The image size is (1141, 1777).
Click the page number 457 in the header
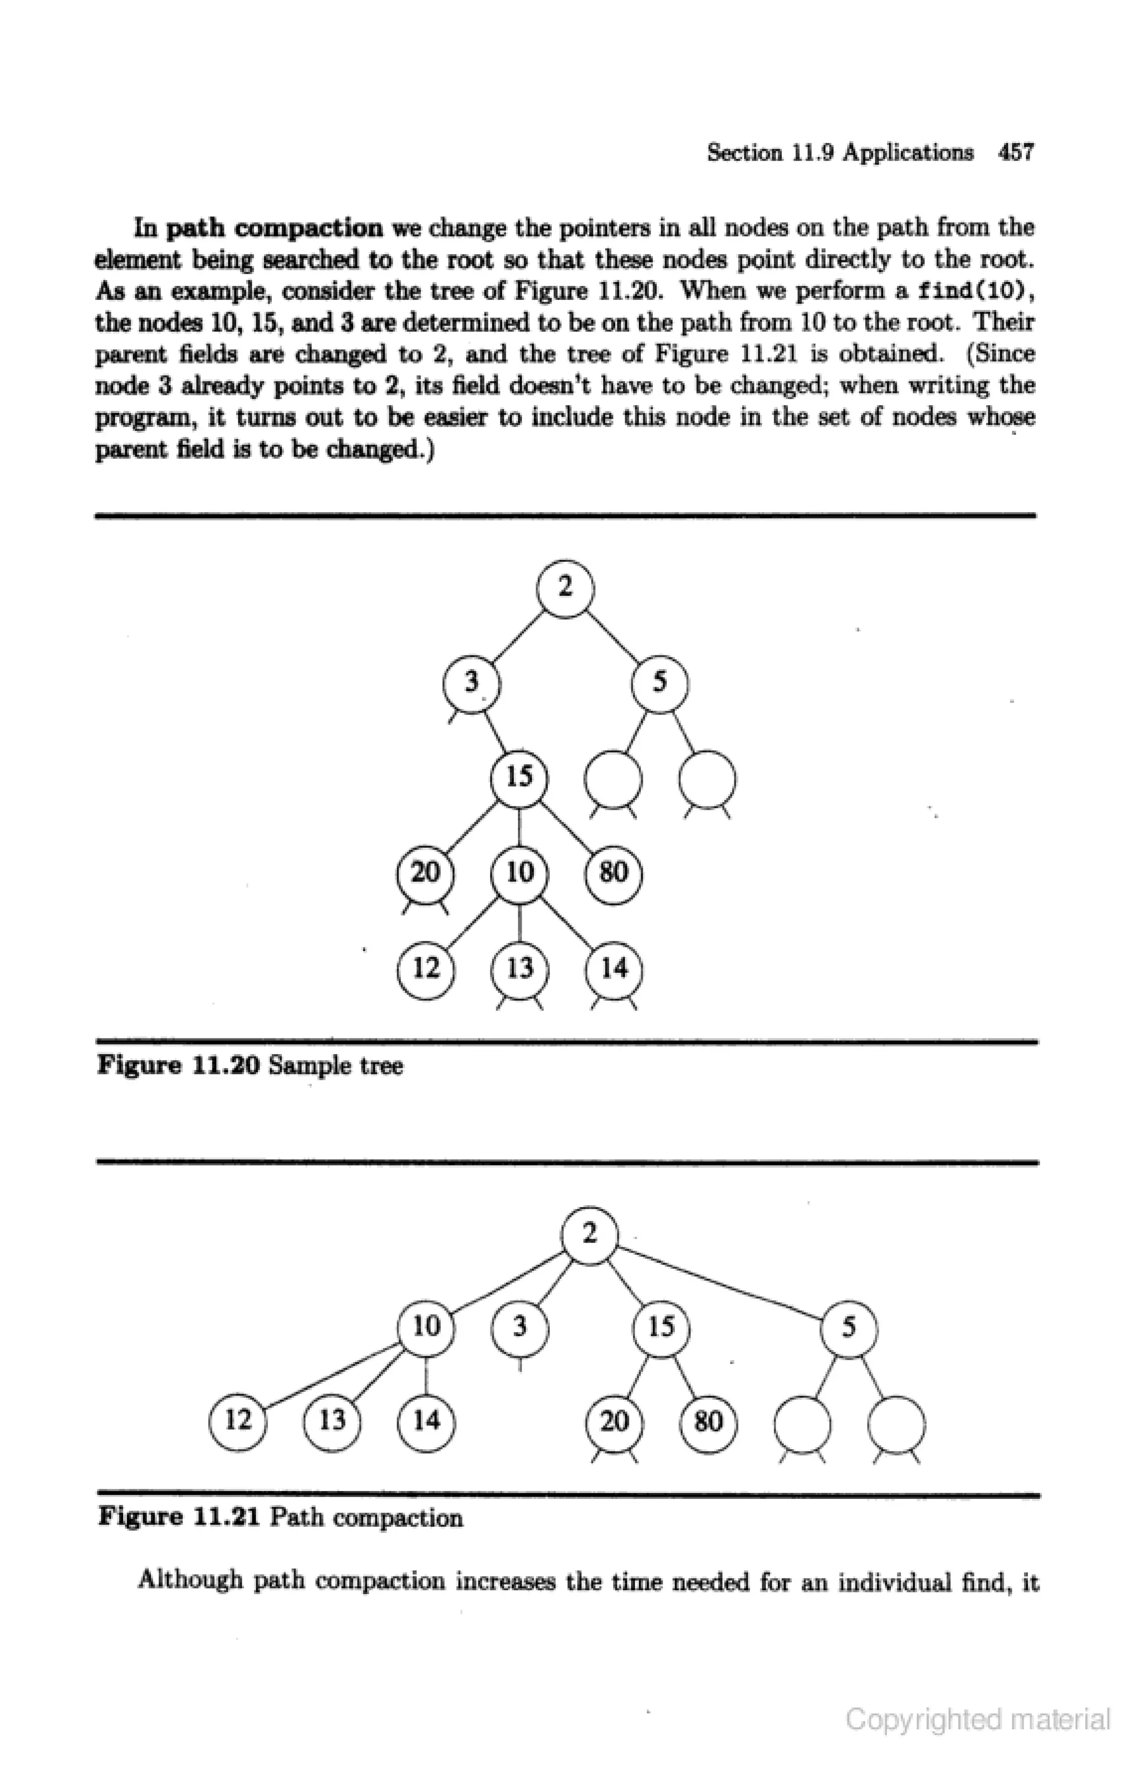(x=1015, y=153)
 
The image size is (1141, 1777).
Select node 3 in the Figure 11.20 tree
(x=471, y=682)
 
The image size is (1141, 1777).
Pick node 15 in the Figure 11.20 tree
(x=519, y=778)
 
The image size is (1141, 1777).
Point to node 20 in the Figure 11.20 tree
(x=425, y=872)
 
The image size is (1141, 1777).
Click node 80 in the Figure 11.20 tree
(x=613, y=872)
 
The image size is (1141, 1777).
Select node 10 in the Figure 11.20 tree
(x=519, y=872)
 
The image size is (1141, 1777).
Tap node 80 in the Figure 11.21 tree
(x=708, y=1421)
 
